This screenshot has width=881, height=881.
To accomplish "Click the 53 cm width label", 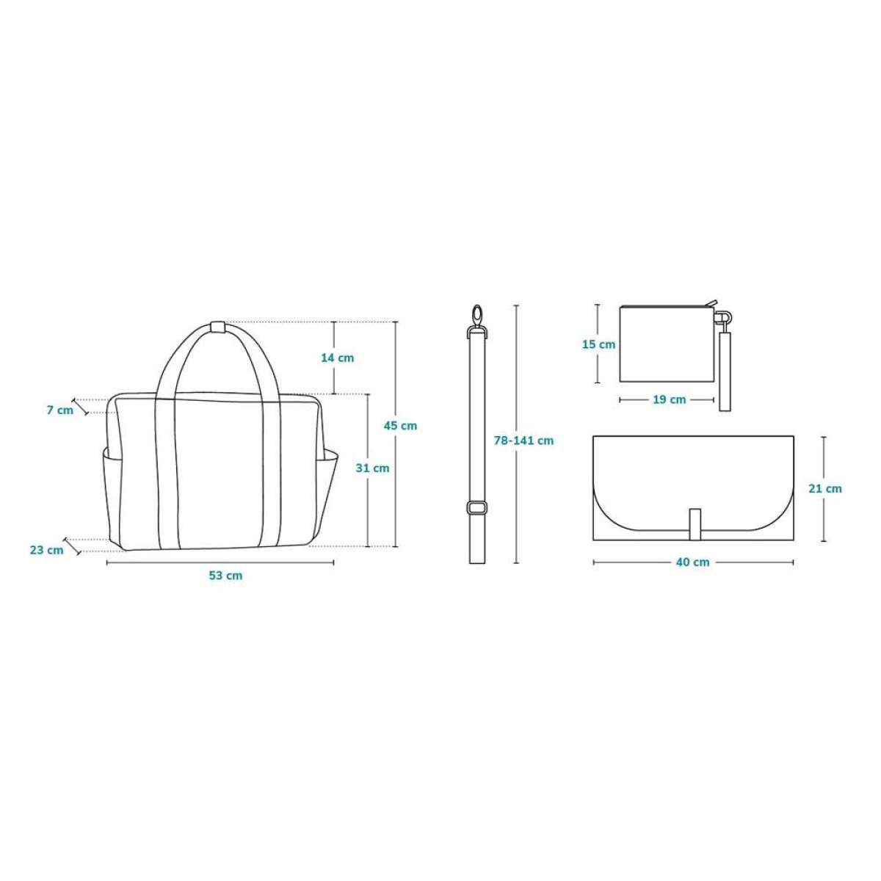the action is [x=225, y=576].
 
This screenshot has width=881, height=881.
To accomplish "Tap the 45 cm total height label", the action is [x=400, y=426].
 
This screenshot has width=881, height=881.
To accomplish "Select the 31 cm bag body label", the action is [x=373, y=468].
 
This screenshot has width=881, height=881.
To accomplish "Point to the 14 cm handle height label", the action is [x=338, y=358].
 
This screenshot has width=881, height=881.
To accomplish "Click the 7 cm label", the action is [x=60, y=410].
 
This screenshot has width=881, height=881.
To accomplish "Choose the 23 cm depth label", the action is [x=47, y=550].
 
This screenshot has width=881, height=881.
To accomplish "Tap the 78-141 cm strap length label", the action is [x=523, y=440].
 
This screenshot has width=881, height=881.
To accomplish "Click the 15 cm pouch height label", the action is [x=598, y=344].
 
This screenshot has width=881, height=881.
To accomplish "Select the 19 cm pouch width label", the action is [x=670, y=399].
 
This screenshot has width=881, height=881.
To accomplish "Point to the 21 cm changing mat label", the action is [x=825, y=488].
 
